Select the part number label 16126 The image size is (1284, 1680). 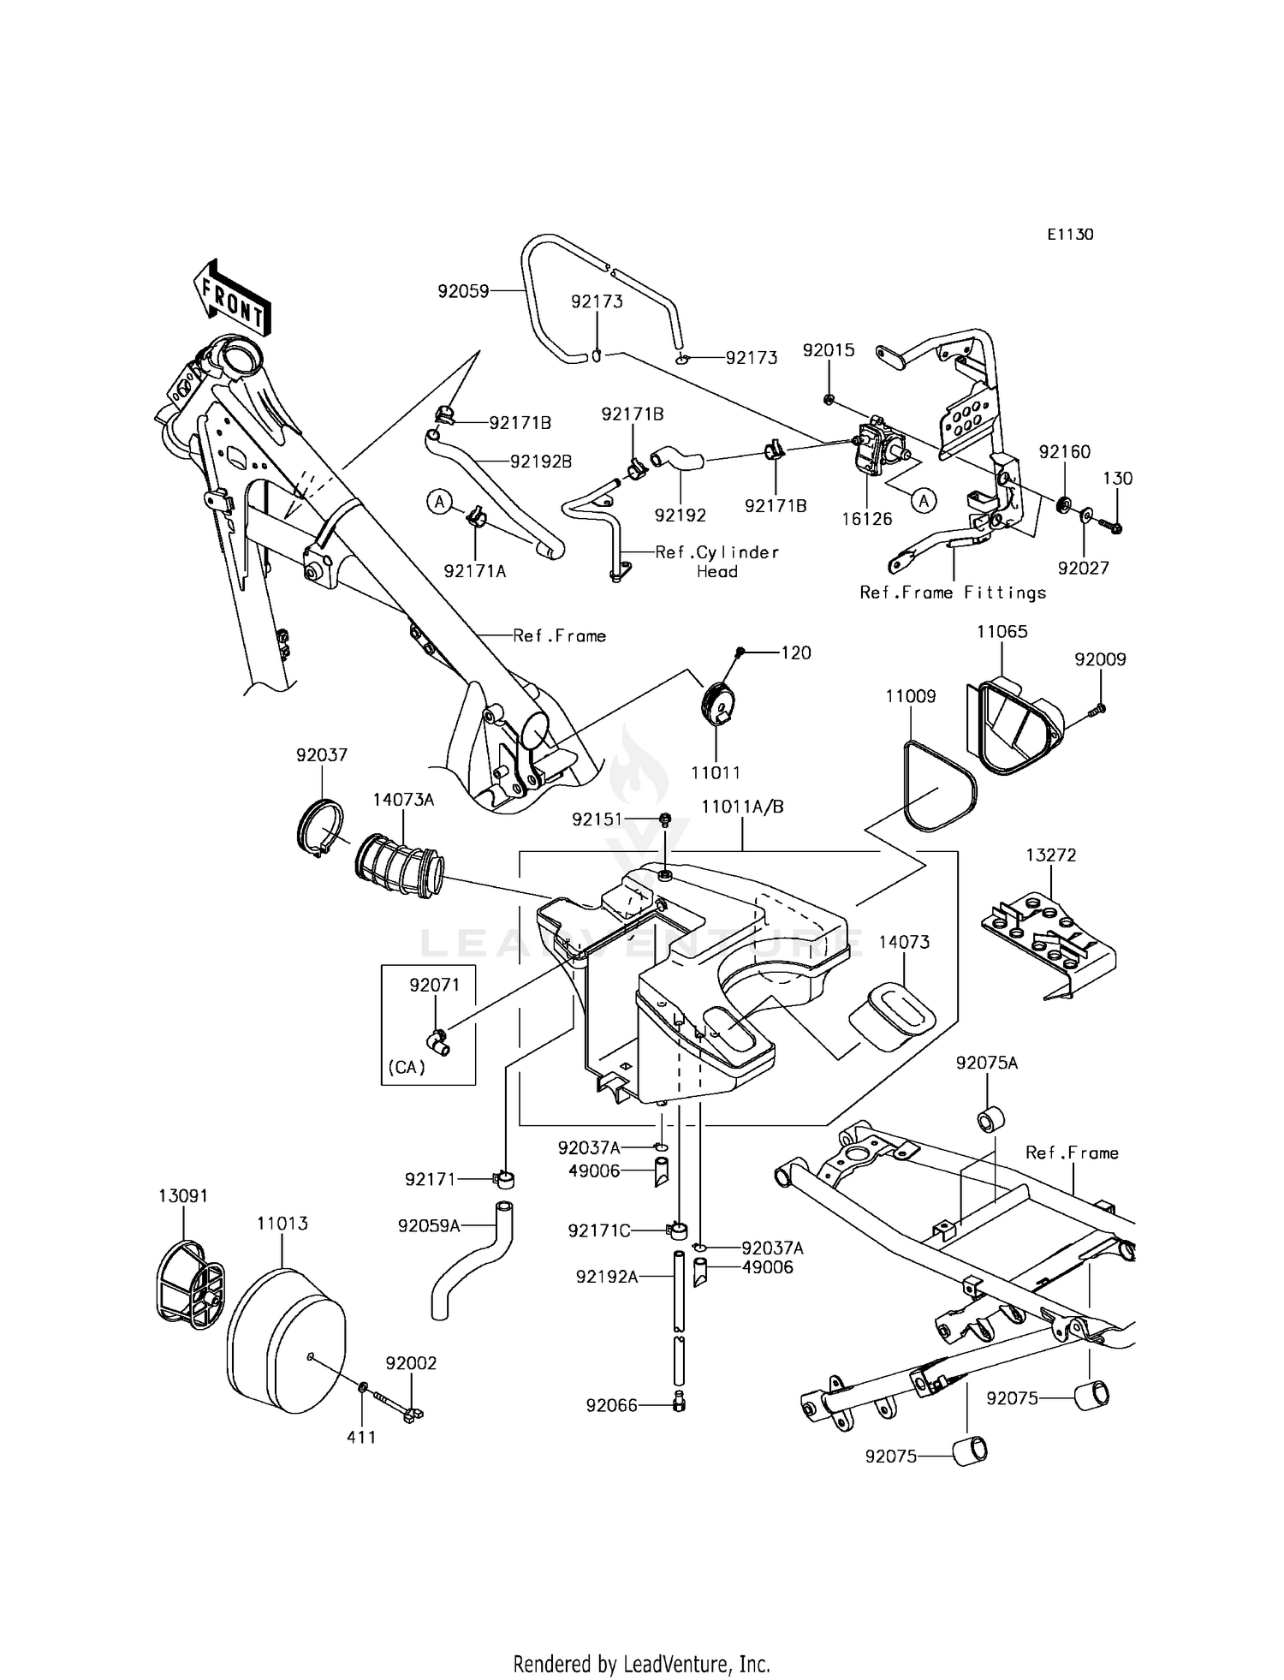(867, 518)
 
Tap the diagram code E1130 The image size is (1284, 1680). (1069, 234)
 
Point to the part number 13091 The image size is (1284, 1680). (184, 1194)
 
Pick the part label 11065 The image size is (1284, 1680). (1002, 631)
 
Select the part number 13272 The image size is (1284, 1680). (1051, 855)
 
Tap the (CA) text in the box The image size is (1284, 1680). (407, 1068)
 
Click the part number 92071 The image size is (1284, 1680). (435, 985)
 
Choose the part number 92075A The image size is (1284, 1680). (987, 1063)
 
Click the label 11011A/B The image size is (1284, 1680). (742, 806)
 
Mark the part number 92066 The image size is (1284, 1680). (612, 1405)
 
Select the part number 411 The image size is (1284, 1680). (361, 1438)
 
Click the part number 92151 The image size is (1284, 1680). (597, 819)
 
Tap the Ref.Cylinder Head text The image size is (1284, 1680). (717, 562)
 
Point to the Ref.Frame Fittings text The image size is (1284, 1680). (953, 593)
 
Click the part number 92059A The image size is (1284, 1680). (429, 1225)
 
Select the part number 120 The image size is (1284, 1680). (796, 652)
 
